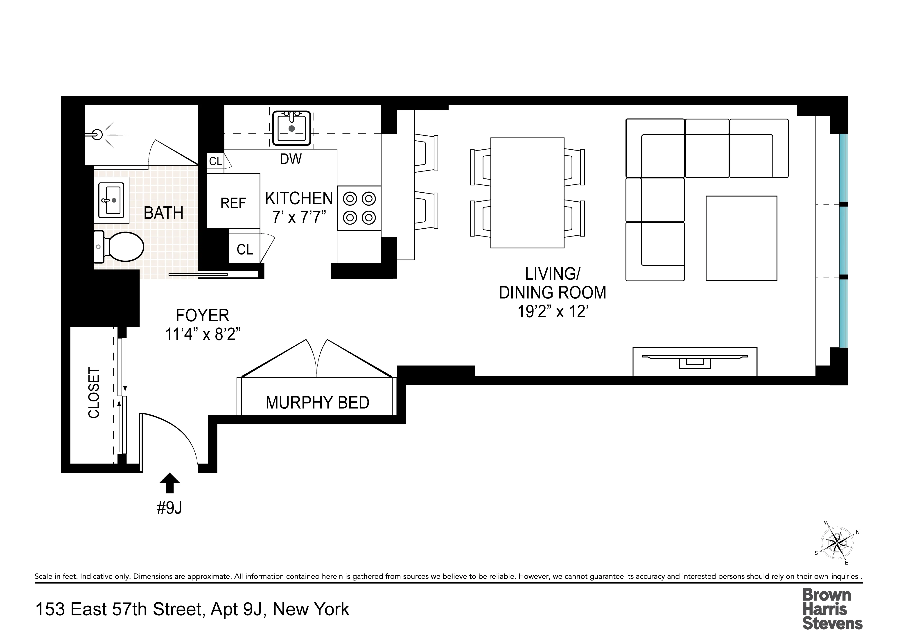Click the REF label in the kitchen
(x=233, y=203)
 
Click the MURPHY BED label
(x=317, y=403)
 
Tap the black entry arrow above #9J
(x=169, y=482)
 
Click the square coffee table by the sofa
(x=741, y=238)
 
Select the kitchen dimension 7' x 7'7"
(x=299, y=217)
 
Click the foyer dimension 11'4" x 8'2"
(x=203, y=335)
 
